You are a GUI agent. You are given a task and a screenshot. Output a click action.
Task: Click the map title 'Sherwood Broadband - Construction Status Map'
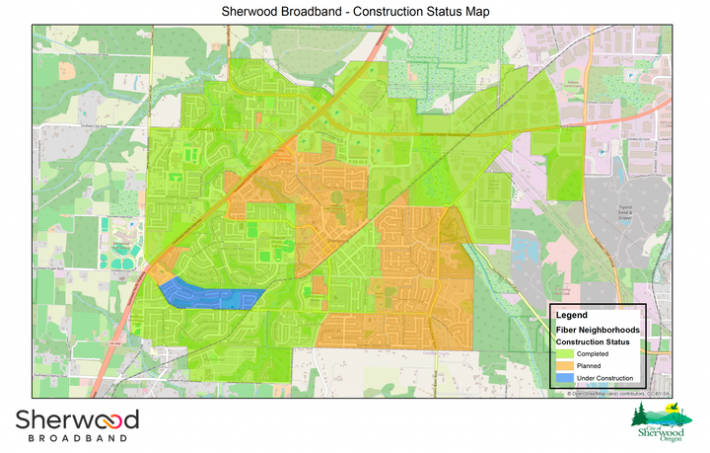(x=355, y=11)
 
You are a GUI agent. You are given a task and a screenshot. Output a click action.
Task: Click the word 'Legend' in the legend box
(x=572, y=315)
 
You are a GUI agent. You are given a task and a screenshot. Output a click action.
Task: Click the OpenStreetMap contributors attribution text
(x=617, y=394)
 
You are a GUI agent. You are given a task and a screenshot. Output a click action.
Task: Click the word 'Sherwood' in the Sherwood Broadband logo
(x=76, y=419)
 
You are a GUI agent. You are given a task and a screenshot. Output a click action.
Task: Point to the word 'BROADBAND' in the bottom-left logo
(x=75, y=437)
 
